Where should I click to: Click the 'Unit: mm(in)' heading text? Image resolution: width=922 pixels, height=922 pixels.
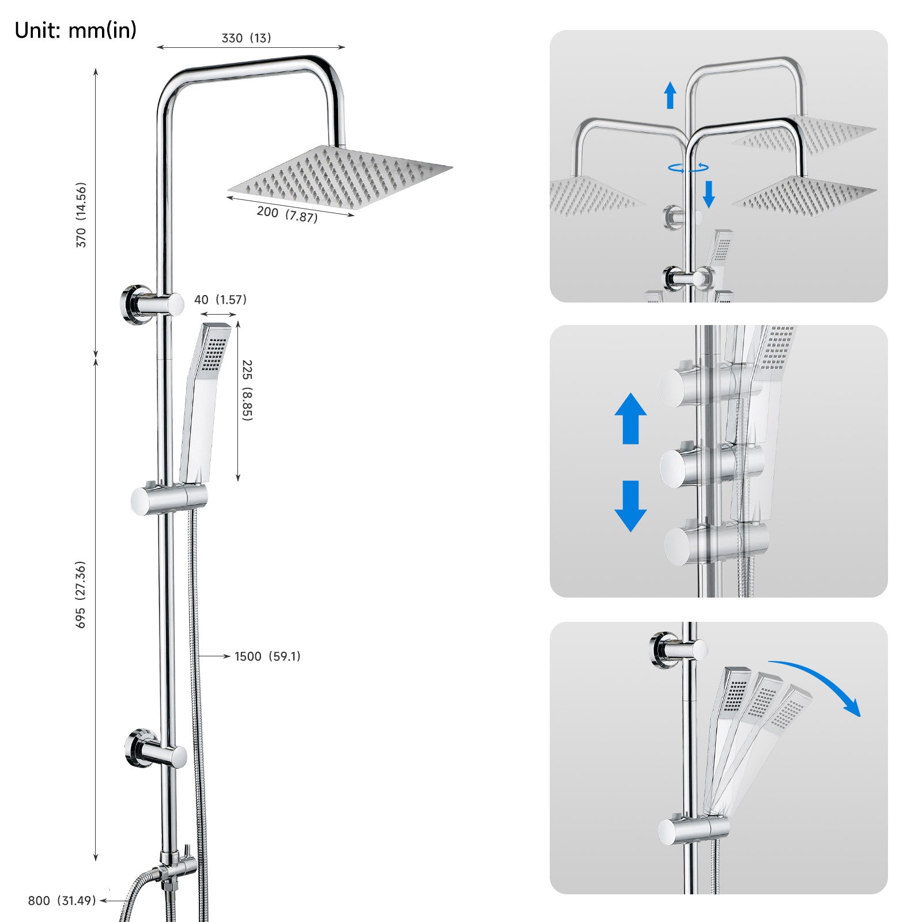(75, 30)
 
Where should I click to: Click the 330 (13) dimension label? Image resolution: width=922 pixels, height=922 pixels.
(246, 38)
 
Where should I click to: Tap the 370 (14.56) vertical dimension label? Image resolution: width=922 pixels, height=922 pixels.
(81, 215)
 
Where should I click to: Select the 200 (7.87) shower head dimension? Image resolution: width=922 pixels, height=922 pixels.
(287, 214)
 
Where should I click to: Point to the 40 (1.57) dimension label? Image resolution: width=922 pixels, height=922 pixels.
(220, 300)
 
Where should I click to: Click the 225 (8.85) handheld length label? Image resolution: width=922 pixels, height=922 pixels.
(247, 390)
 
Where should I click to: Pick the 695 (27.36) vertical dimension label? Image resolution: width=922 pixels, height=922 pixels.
(81, 594)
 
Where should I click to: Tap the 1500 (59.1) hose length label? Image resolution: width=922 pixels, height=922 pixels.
(267, 656)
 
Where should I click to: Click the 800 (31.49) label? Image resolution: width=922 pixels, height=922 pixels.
(62, 901)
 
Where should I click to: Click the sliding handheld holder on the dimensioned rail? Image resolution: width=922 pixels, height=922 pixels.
(169, 498)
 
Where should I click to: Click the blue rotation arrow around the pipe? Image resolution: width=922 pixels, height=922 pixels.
(688, 168)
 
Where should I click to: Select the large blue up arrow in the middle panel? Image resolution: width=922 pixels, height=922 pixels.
(630, 418)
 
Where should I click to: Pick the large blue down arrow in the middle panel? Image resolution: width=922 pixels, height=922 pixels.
(630, 506)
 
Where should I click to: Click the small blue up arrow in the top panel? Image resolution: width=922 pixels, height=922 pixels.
(670, 95)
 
